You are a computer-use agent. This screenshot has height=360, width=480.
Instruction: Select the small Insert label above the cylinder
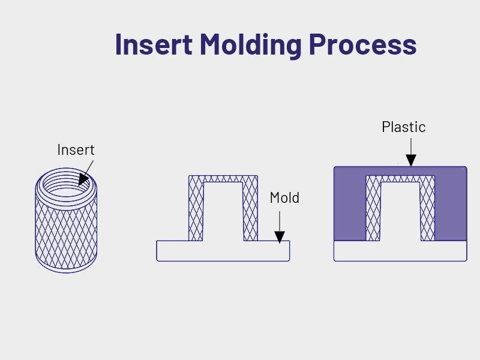pos(76,149)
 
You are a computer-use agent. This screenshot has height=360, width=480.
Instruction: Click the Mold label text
pos(284,197)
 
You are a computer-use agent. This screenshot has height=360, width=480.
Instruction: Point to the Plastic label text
pos(403,127)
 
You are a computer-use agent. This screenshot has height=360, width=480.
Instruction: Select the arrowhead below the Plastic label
pos(410,160)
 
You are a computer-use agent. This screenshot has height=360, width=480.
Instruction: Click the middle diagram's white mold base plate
pos(223,251)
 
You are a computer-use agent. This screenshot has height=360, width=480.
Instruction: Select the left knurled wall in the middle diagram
pos(196,210)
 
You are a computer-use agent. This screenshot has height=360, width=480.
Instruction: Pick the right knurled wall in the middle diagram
pos(250,210)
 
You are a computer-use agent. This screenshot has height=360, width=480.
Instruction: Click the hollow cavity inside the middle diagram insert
pos(223,213)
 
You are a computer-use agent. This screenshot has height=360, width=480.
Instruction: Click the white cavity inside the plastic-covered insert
pos(400,213)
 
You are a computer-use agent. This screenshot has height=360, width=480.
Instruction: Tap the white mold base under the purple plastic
pos(400,251)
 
